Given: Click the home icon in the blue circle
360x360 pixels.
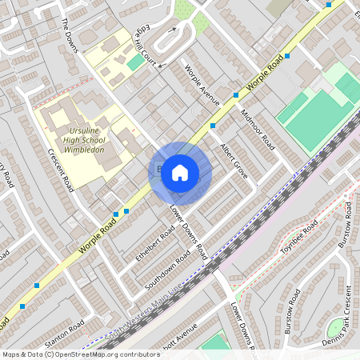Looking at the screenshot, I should point(180,172).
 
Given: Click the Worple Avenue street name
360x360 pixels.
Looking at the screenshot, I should point(201,85).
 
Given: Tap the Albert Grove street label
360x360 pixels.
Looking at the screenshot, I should point(234,158).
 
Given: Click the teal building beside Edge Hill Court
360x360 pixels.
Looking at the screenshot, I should point(135,62).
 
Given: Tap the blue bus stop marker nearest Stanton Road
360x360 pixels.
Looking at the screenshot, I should point(22,306).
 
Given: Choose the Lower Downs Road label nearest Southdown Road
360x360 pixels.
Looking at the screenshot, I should point(189,233).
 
